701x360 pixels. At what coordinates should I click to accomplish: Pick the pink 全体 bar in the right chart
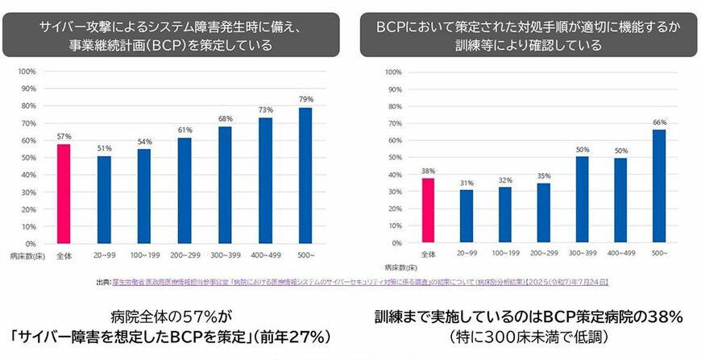(x=429, y=210)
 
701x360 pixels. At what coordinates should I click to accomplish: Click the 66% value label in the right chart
(x=660, y=122)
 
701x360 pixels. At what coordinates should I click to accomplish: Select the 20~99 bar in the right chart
(x=467, y=216)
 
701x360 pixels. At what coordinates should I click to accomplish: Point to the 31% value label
(x=467, y=182)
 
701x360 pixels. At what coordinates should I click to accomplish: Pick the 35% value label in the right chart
(x=544, y=175)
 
